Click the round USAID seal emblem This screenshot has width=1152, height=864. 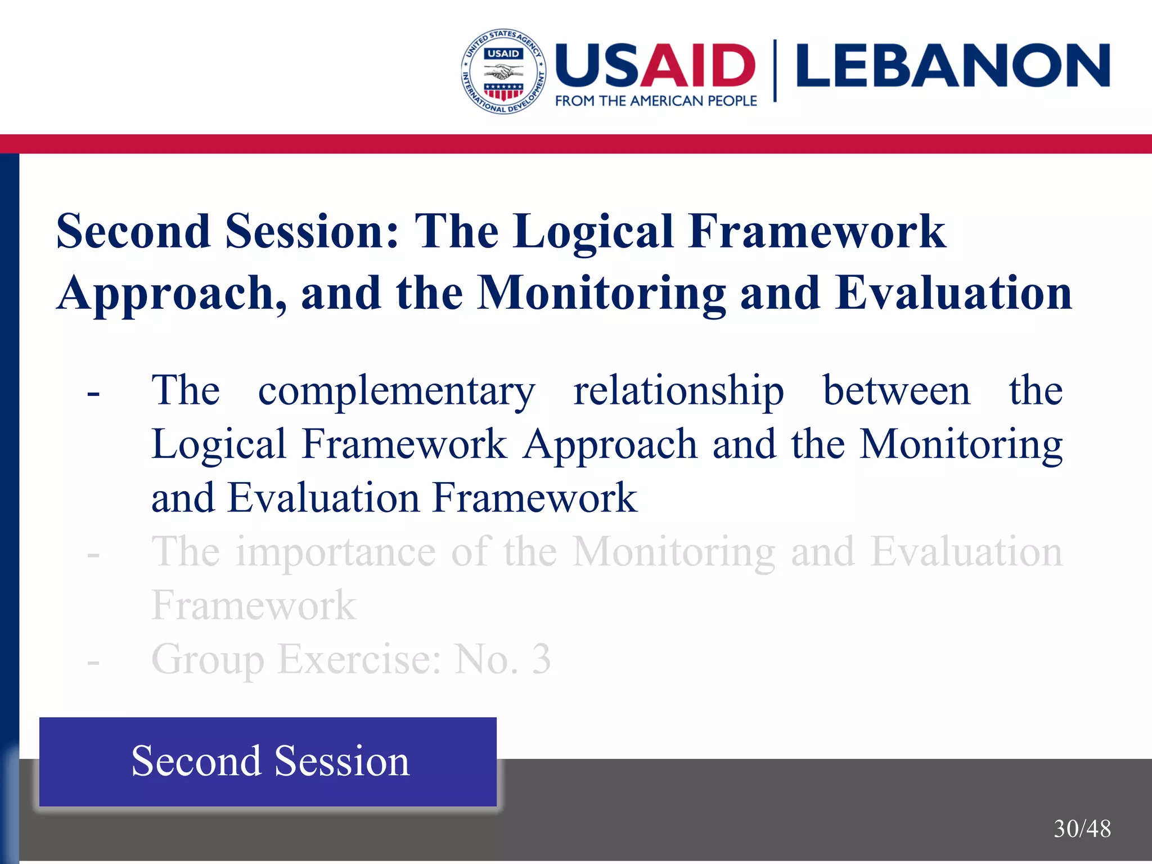pyautogui.click(x=503, y=71)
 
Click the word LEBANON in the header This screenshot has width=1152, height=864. pyautogui.click(x=953, y=66)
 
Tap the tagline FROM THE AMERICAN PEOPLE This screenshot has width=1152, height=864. pyautogui.click(x=656, y=101)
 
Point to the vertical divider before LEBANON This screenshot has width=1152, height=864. pyautogui.click(x=775, y=70)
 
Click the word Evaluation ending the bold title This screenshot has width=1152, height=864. pyautogui.click(x=953, y=293)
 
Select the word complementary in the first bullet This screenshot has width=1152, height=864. pyautogui.click(x=397, y=390)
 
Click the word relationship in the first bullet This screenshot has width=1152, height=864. pyautogui.click(x=678, y=390)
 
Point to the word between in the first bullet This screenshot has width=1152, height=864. pyautogui.click(x=897, y=390)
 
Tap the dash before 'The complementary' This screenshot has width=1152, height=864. pyautogui.click(x=93, y=393)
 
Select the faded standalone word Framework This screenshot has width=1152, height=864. pyautogui.click(x=254, y=606)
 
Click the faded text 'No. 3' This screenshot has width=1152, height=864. pyautogui.click(x=502, y=659)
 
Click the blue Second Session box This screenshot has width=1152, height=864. pyautogui.click(x=268, y=762)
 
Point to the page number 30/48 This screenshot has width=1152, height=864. pyautogui.click(x=1082, y=829)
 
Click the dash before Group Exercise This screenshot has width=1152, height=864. pyautogui.click(x=93, y=662)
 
